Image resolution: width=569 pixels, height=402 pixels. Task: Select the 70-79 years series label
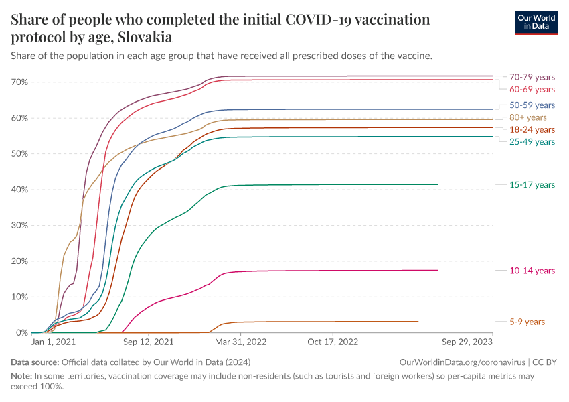click(532, 77)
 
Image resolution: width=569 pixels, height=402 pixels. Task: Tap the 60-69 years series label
click(532, 90)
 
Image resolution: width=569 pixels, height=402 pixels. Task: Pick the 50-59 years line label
click(532, 105)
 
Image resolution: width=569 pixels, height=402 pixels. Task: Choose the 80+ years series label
click(527, 117)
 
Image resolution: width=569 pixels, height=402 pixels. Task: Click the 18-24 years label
click(532, 129)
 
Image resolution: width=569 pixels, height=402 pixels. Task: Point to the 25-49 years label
click(532, 142)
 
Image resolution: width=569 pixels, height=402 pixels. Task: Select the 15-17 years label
click(532, 184)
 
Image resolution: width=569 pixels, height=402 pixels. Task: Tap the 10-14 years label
click(532, 271)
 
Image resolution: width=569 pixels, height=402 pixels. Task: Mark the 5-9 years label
click(527, 322)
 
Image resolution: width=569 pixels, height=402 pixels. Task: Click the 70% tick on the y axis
click(19, 82)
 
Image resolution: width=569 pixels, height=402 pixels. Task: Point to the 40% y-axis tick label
click(19, 190)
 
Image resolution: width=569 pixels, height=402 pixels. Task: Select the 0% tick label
click(21, 333)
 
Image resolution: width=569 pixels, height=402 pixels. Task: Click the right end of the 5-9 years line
click(418, 322)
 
